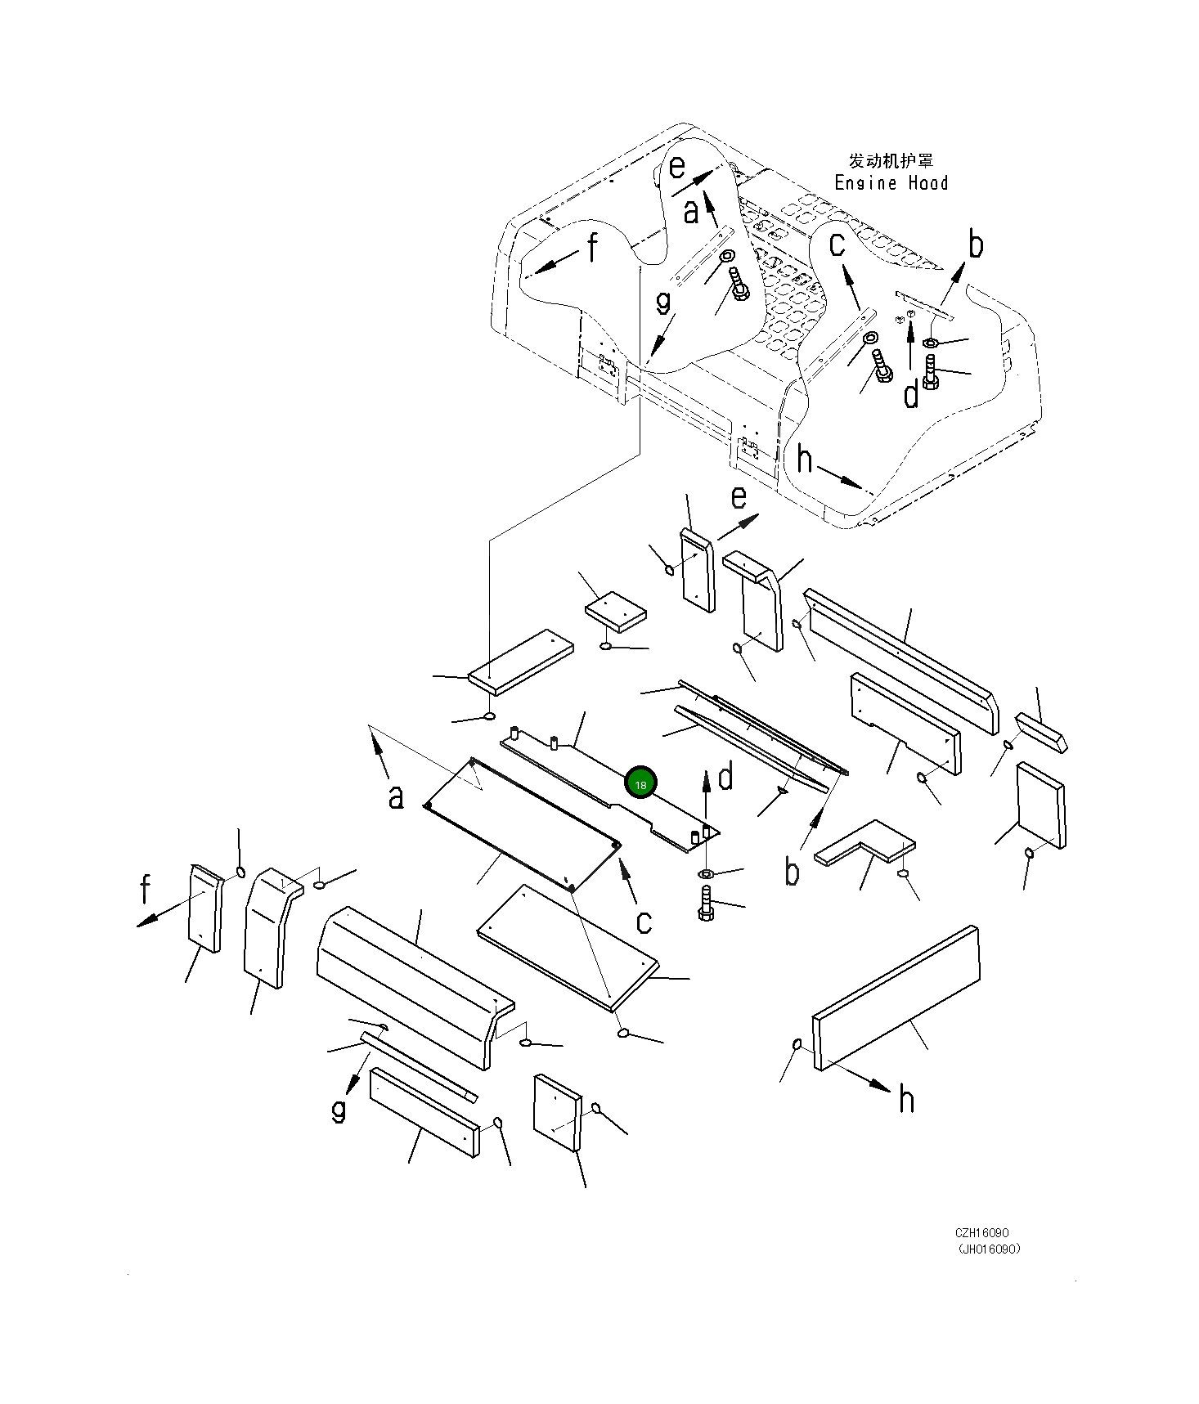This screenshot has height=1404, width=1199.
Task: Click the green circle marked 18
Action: pos(640,783)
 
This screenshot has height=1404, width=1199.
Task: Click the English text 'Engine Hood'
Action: pos(891,183)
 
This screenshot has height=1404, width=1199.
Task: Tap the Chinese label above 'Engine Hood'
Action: pos(891,160)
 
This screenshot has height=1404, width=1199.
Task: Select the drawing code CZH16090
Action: pos(981,1233)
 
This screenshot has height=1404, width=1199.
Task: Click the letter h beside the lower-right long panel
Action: pos(906,1099)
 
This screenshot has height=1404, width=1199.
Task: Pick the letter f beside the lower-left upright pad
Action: pos(146,889)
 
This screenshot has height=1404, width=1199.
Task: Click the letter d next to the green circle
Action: pos(725,778)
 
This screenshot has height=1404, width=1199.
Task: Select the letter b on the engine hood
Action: pos(976,244)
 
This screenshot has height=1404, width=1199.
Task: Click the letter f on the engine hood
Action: pos(591,247)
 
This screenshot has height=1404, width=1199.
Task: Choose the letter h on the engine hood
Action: pos(805,460)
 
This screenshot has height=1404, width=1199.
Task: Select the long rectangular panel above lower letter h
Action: pos(897,996)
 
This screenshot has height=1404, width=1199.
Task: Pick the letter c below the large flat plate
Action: pos(644,922)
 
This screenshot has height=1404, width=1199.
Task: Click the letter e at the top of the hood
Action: pos(676,167)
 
